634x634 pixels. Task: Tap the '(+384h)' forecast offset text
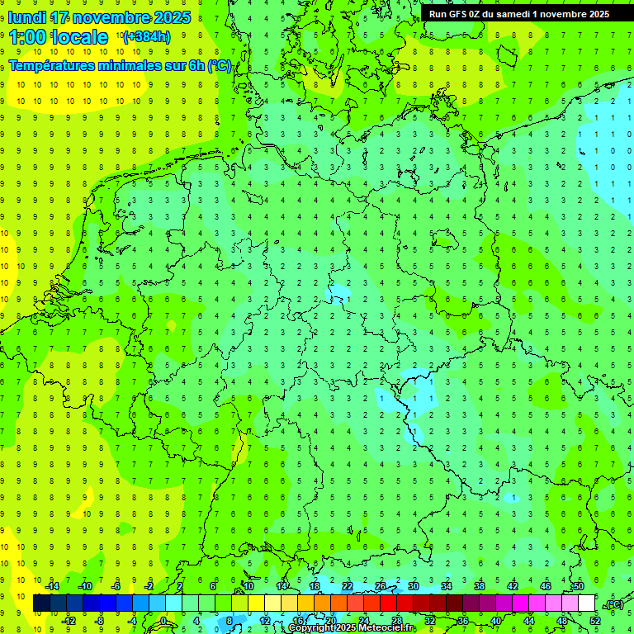click(x=146, y=36)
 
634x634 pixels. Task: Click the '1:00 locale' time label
click(x=59, y=37)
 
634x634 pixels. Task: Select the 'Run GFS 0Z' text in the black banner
click(x=455, y=14)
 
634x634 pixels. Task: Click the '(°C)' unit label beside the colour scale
click(x=614, y=604)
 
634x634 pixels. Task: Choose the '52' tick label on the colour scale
click(x=595, y=621)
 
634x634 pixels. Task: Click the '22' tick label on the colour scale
click(x=348, y=587)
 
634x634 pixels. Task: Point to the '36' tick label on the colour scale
click(x=463, y=621)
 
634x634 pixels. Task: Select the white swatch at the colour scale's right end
click(x=587, y=603)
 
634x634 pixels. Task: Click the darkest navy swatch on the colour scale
click(x=41, y=603)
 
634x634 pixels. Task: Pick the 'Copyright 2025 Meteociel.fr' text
click(x=351, y=628)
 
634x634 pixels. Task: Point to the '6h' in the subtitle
click(x=195, y=65)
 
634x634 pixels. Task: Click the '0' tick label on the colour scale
click(x=163, y=621)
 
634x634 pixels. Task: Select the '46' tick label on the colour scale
click(x=546, y=587)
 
